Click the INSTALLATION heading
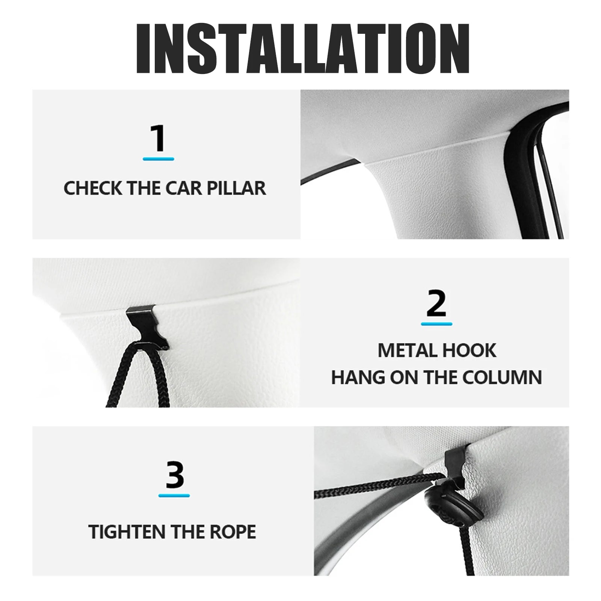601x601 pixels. [303, 48]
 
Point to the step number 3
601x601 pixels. [174, 475]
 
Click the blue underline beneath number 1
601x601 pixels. [159, 159]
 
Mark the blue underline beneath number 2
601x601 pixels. [436, 324]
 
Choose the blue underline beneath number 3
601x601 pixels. [174, 495]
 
